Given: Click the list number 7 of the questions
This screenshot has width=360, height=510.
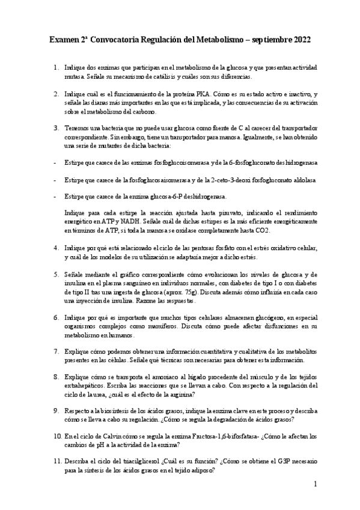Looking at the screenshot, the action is pyautogui.click(x=55, y=351).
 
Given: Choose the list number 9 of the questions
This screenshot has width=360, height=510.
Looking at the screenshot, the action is pyautogui.click(x=55, y=410).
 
